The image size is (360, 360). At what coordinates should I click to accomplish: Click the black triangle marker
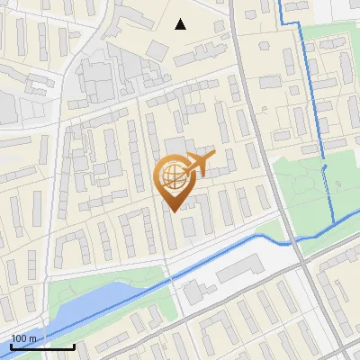coord(181,24)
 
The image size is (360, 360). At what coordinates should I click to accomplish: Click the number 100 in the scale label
coord(19,338)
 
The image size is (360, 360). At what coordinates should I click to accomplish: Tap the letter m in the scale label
coord(32,338)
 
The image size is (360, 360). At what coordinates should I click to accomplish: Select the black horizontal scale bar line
coord(42,346)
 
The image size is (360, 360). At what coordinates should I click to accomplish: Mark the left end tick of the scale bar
coord(11,345)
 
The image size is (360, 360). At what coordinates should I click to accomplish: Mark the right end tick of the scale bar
coord(74,345)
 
